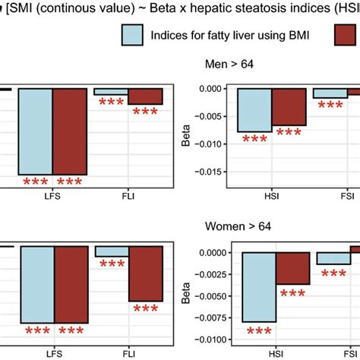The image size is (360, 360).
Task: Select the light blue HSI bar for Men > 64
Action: (254, 110)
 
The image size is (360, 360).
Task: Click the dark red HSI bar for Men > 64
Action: (289, 106)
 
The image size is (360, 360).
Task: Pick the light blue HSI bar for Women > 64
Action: (258, 298)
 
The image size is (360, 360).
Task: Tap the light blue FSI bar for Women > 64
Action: (333, 258)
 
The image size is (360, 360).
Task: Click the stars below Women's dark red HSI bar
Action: (292, 294)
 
